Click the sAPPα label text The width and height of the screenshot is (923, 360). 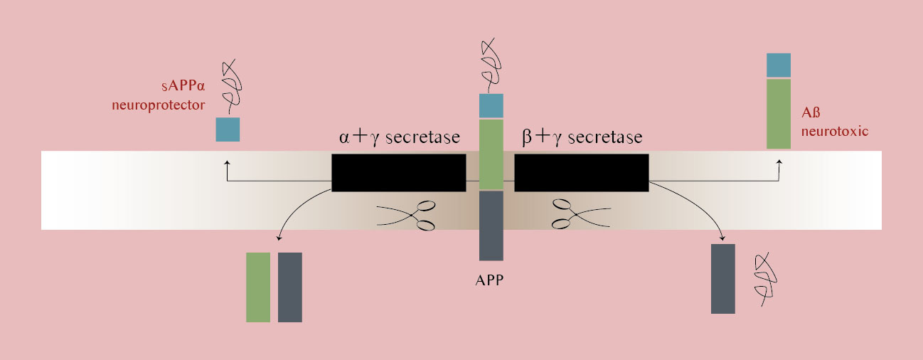tap(181, 90)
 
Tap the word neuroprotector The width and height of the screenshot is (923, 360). tap(158, 105)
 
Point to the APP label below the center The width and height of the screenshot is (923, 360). tap(489, 280)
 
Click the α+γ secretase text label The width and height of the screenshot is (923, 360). tap(399, 137)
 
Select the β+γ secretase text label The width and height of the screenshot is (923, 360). tap(582, 137)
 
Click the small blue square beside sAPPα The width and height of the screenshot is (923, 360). tap(228, 129)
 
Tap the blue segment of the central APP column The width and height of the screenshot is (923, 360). tap(491, 105)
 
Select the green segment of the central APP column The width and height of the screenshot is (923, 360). tap(491, 154)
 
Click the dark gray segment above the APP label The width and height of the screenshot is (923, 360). tap(491, 226)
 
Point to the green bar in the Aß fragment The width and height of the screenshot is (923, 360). tap(779, 114)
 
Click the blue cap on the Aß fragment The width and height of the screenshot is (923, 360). tap(779, 65)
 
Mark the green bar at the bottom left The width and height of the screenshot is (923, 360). tap(258, 287)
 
